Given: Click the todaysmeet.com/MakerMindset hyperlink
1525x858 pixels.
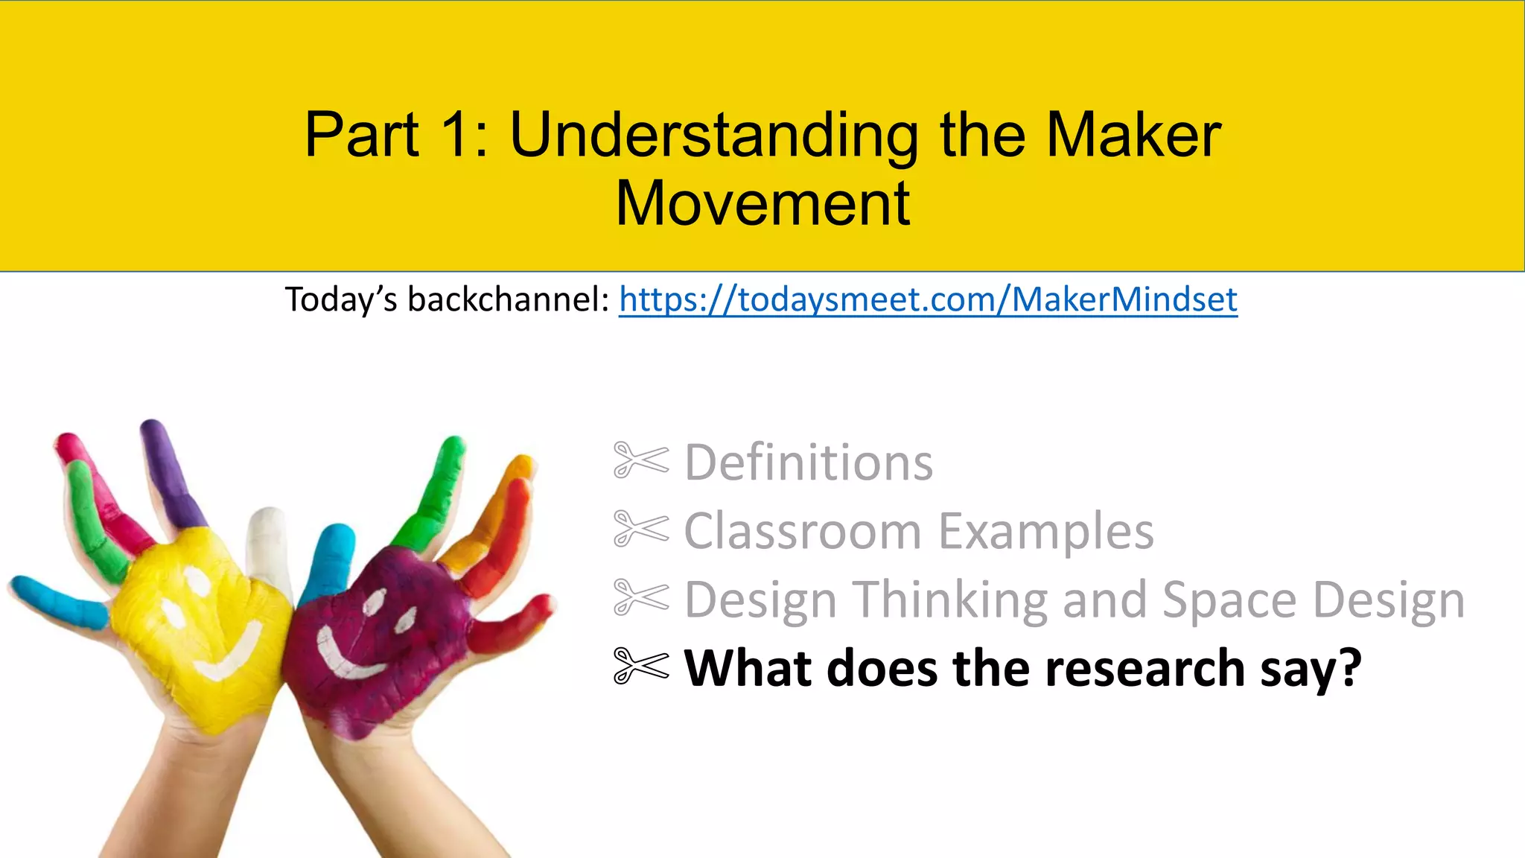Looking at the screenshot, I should click(928, 300).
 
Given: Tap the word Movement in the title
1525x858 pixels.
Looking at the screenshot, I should click(762, 203).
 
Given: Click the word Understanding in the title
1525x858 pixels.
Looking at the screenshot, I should click(713, 136).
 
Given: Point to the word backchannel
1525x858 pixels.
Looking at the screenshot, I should click(509, 300).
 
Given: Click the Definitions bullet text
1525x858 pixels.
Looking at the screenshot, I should click(808, 463).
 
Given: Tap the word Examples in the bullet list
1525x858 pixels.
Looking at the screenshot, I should click(1045, 533).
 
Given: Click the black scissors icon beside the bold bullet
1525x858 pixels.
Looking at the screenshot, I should click(640, 665).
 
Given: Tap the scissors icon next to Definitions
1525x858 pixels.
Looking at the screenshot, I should click(640, 460).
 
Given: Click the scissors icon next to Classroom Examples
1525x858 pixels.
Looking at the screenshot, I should click(640, 529).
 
